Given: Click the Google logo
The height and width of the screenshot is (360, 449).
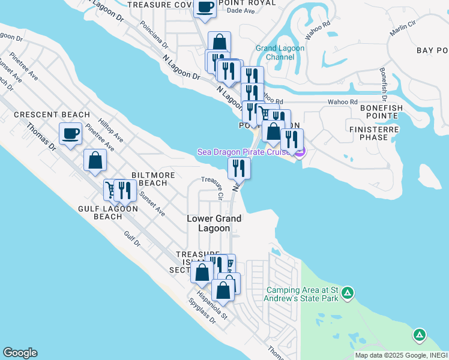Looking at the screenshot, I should [x=20, y=353].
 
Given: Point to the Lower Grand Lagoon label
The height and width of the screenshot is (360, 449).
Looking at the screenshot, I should [x=214, y=223].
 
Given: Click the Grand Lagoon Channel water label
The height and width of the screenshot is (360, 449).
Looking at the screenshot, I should [x=276, y=53].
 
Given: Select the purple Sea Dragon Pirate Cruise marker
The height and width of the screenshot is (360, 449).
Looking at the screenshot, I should [x=299, y=152].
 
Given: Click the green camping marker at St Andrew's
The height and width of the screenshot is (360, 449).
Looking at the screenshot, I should [x=348, y=293].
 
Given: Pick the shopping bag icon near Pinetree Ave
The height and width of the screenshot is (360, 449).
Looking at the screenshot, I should [x=95, y=160].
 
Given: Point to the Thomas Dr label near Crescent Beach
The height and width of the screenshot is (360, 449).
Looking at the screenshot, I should [x=42, y=137].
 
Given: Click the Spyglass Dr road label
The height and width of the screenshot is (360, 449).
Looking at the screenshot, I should [x=202, y=311].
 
